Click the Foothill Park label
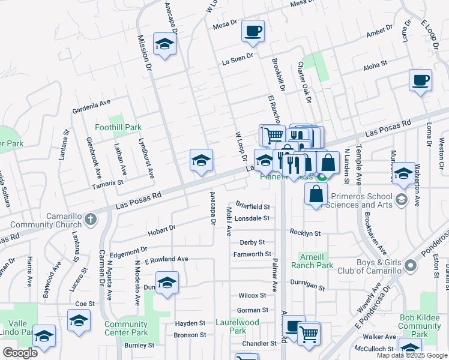tap(118, 127)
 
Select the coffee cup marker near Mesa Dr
tap(253, 31)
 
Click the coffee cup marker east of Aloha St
tap(420, 80)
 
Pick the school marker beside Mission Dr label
tap(164, 44)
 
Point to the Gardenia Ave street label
tap(91, 106)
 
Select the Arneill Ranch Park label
tap(312, 260)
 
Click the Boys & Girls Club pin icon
tap(410, 265)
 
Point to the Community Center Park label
tap(126, 328)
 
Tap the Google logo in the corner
tap(20, 352)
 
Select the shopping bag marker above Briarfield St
tap(316, 194)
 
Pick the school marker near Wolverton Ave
tap(403, 173)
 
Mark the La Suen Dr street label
tap(238, 61)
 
